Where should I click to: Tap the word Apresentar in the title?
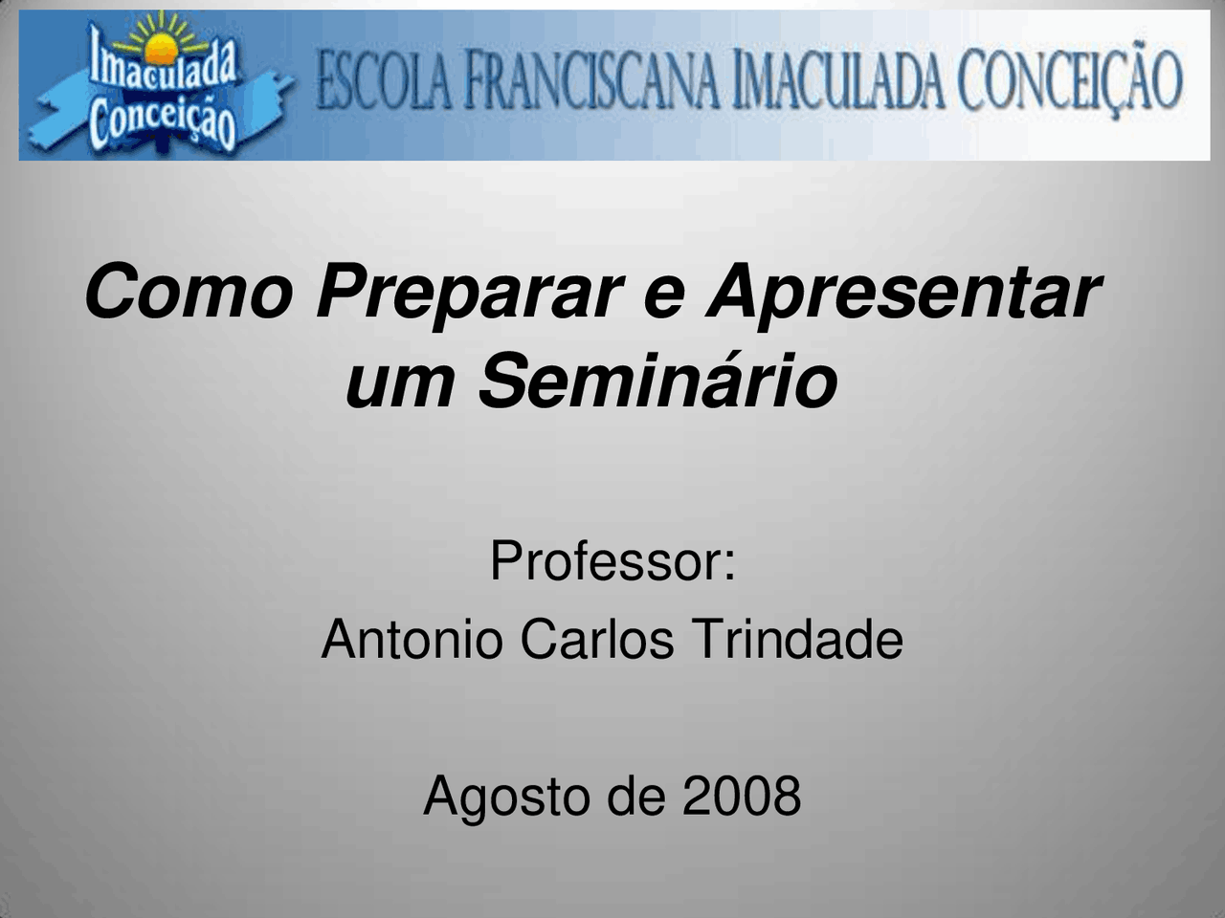tap(903, 292)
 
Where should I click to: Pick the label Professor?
tap(612, 561)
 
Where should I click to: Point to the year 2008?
tap(742, 796)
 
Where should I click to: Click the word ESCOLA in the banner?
tap(383, 81)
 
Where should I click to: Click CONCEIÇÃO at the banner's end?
tap(1071, 81)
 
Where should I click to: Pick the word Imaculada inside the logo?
tap(163, 67)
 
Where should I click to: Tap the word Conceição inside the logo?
tap(162, 121)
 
